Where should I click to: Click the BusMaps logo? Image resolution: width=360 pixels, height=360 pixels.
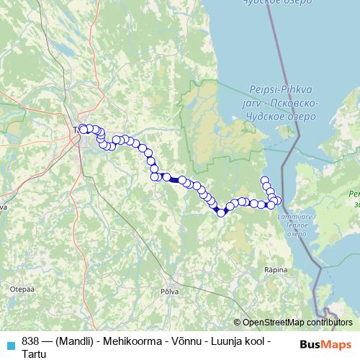[325, 345]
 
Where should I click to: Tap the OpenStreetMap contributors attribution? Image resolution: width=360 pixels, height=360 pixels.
[297, 323]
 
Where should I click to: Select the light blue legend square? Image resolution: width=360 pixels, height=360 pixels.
[10, 344]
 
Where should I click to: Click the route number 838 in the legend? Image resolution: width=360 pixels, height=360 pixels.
[31, 340]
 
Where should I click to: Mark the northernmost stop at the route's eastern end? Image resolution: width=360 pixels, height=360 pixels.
[264, 180]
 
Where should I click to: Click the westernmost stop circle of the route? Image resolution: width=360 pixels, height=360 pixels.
[82, 129]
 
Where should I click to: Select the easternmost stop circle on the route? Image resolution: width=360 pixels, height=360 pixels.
[279, 200]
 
